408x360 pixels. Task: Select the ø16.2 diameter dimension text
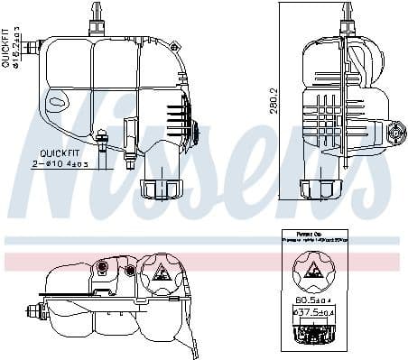(17, 46)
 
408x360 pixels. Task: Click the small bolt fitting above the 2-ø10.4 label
(102, 140)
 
